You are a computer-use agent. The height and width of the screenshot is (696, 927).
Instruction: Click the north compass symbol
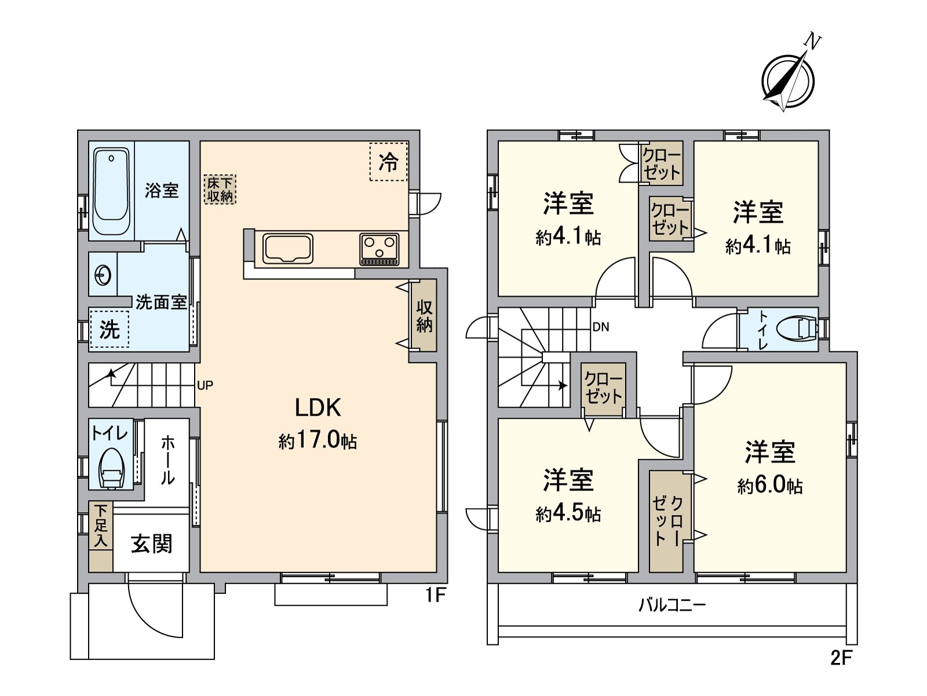[x=788, y=79]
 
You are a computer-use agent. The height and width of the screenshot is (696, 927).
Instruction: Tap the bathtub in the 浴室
[x=111, y=191]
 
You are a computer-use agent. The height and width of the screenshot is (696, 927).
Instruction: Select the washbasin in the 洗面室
[x=103, y=275]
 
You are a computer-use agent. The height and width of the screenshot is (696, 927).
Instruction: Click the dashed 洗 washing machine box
[x=110, y=330]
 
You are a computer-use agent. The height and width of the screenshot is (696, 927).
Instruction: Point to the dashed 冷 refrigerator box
[x=388, y=162]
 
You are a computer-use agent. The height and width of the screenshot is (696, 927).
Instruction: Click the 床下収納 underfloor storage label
[x=220, y=190]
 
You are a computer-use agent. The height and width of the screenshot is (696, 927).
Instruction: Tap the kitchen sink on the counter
[x=287, y=249]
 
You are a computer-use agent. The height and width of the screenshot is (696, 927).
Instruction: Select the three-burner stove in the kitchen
[x=379, y=249]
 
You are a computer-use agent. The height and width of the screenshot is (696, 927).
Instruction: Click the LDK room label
[x=317, y=408]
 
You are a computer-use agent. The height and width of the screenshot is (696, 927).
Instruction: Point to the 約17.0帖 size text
[x=317, y=441]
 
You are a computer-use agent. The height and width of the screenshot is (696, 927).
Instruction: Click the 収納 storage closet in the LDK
[x=424, y=316]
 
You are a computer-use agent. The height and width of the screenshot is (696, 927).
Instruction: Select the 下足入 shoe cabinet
[x=101, y=536]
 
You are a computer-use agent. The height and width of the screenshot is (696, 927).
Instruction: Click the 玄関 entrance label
[x=151, y=545]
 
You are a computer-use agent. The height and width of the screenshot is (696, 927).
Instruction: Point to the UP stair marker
[x=205, y=385]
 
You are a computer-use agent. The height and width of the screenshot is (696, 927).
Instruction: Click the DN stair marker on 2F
[x=601, y=327]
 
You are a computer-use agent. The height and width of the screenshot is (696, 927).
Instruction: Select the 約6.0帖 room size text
[x=770, y=486]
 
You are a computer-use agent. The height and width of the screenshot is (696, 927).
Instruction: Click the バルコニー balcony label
[x=673, y=606]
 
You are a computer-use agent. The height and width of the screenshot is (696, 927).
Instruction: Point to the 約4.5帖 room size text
[x=568, y=514]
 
